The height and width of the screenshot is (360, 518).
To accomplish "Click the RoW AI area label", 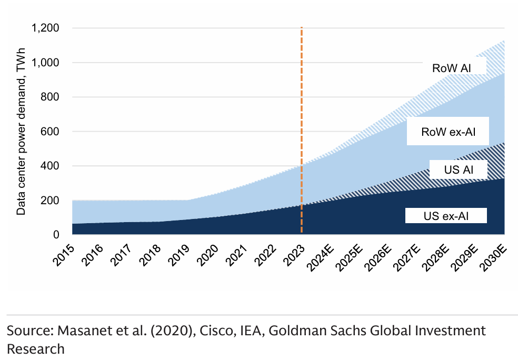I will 451,68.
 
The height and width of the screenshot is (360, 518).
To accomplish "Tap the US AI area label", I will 457,171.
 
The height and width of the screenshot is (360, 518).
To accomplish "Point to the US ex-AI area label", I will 446,215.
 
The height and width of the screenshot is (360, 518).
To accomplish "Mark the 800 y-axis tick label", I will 51,97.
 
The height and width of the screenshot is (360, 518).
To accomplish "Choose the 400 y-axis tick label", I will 51,166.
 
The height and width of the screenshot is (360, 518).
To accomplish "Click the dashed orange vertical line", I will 301,132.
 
